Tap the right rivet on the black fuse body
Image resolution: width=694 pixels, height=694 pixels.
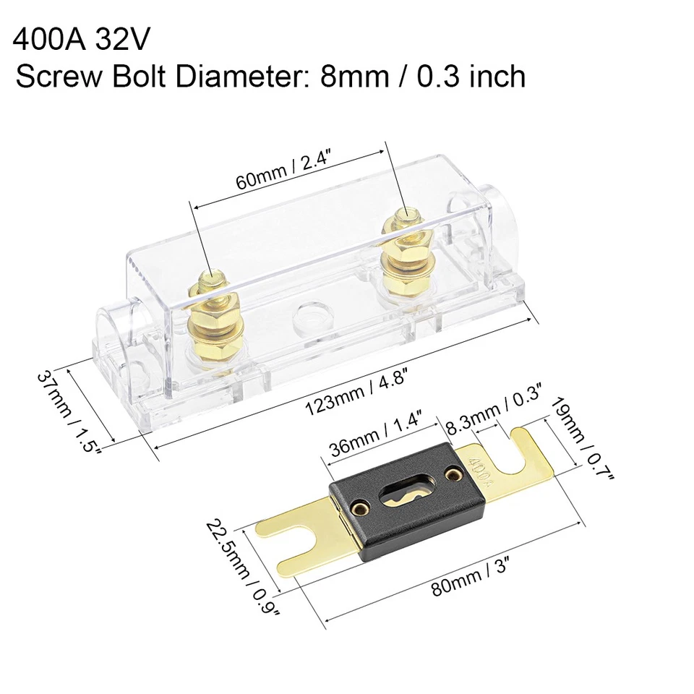point(453,474)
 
